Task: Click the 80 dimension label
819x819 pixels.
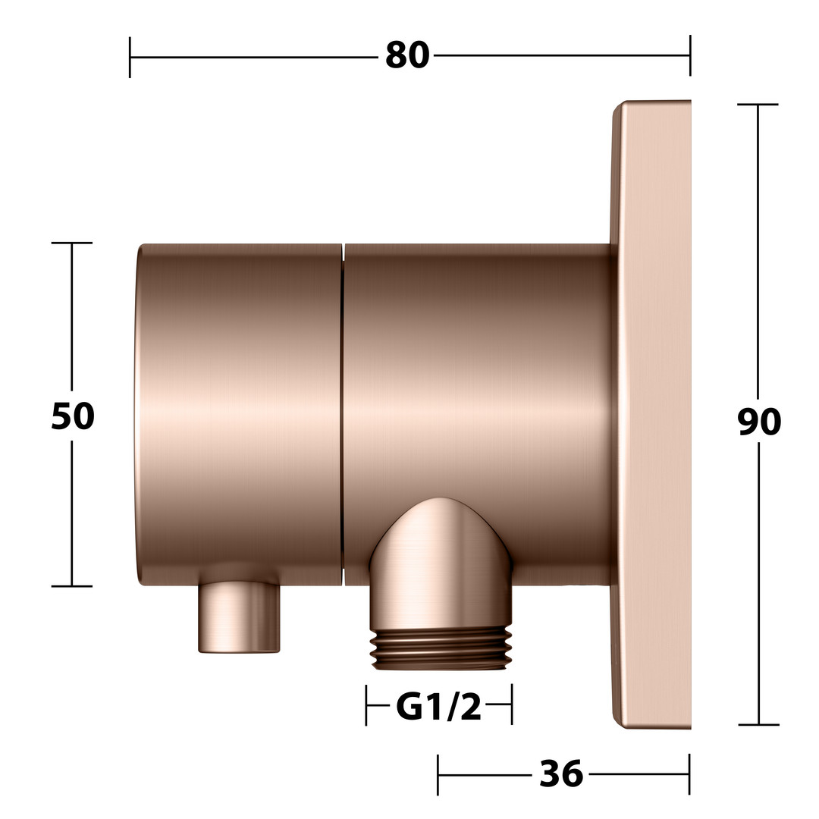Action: [x=407, y=55]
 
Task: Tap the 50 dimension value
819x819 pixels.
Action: [x=73, y=416]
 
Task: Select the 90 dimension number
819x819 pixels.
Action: [x=759, y=422]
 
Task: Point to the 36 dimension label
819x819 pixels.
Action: [x=561, y=773]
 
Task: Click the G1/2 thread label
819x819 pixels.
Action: [x=439, y=708]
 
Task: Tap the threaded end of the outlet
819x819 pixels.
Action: [x=441, y=648]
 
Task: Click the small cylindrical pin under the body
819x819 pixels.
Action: [x=239, y=617]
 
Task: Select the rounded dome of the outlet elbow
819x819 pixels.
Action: [x=441, y=538]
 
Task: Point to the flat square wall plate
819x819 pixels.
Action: [x=651, y=414]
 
